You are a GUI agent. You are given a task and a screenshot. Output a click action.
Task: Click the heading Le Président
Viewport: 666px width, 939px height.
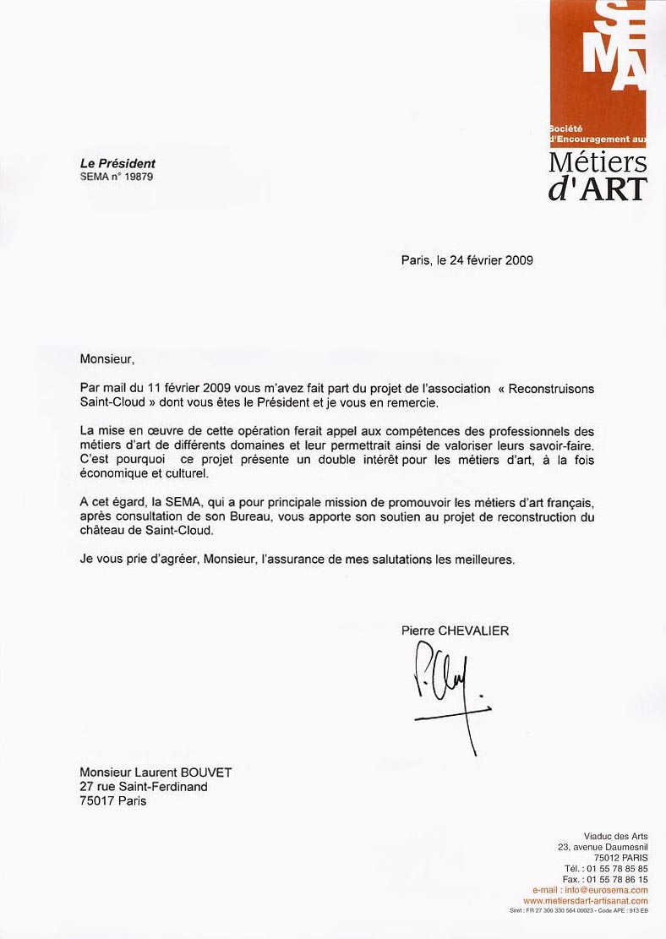click(117, 164)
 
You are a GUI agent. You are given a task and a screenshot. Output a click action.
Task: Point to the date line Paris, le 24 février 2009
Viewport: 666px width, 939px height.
click(467, 260)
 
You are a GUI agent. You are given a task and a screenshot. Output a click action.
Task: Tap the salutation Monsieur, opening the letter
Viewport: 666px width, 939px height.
click(107, 358)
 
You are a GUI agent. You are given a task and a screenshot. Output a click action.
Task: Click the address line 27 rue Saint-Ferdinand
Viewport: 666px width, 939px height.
click(143, 786)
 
